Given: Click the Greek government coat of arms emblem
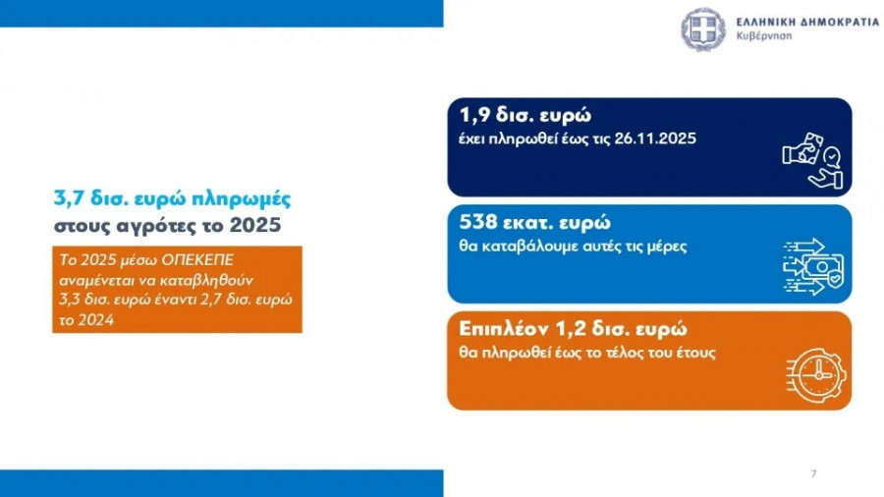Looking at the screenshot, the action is pyautogui.click(x=703, y=29).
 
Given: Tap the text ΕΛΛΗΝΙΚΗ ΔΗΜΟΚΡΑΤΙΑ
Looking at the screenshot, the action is pyautogui.click(x=807, y=22).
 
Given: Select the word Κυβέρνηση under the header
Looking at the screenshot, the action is pyautogui.click(x=764, y=36).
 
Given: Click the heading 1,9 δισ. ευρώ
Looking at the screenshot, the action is pyautogui.click(x=525, y=115).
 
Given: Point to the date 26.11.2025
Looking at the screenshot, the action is pyautogui.click(x=655, y=138).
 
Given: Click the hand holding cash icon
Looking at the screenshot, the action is pyautogui.click(x=812, y=161).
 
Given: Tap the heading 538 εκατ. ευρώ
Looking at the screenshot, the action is pyautogui.click(x=534, y=222).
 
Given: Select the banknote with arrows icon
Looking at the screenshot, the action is pyautogui.click(x=813, y=267).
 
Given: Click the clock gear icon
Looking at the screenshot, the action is pyautogui.click(x=816, y=375).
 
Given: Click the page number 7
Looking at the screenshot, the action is pyautogui.click(x=813, y=473).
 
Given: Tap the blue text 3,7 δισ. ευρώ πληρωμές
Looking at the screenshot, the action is pyautogui.click(x=173, y=199).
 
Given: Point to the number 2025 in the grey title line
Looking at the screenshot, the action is pyautogui.click(x=255, y=225).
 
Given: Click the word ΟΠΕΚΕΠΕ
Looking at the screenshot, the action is pyautogui.click(x=197, y=260).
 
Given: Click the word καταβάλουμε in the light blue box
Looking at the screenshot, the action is pyautogui.click(x=526, y=247).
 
